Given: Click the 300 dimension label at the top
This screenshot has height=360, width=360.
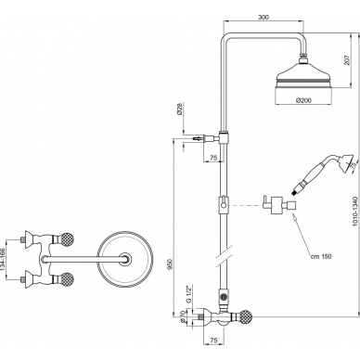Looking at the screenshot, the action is pos(264,18).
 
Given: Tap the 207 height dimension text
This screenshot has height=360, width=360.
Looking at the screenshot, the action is pos(346,60).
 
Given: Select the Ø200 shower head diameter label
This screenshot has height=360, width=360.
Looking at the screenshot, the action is pos(303,100).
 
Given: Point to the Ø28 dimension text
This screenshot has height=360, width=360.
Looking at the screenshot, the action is pos(180,109).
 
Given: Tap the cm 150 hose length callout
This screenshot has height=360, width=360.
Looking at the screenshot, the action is pos(321,256).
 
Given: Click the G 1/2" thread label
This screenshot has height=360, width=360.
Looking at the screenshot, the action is pos(187,294).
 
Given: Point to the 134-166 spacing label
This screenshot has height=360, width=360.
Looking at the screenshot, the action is pos(4,260).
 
